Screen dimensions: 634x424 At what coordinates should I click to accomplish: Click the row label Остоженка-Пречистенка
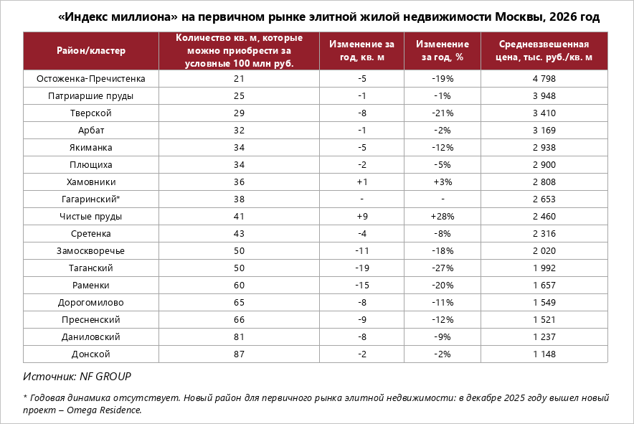90,78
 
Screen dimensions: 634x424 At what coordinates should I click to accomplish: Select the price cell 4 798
544,78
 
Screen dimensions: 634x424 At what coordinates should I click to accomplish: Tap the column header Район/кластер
91,50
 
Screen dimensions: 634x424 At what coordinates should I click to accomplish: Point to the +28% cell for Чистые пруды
443,217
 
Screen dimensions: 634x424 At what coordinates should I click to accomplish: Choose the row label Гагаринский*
90,199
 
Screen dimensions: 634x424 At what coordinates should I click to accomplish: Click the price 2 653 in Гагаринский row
544,199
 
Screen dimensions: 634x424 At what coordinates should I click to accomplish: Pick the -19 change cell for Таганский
362,268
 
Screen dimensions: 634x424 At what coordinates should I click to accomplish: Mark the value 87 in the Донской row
239,354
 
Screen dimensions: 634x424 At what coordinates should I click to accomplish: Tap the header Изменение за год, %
443,50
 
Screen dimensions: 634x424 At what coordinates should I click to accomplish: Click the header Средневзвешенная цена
544,50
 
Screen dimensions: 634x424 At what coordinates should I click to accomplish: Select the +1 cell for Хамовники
362,182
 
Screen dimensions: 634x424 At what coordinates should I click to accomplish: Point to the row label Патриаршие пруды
90,96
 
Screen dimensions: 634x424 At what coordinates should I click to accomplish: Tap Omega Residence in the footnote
104,410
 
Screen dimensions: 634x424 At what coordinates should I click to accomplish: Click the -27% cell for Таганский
443,268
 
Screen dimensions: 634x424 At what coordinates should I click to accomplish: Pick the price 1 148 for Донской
544,354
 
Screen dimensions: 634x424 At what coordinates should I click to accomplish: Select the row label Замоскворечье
90,251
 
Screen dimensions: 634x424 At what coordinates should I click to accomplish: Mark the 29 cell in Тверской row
239,113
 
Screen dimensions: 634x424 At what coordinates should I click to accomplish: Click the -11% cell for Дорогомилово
443,302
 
